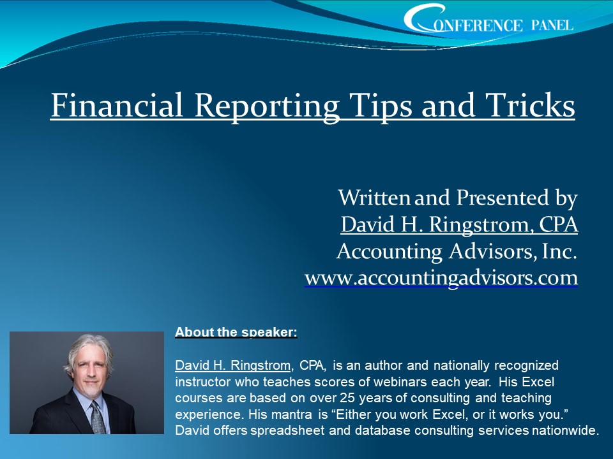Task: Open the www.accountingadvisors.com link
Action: (441, 278)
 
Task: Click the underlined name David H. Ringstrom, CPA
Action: (459, 224)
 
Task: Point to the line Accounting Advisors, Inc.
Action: (457, 251)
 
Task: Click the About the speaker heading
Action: (236, 332)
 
